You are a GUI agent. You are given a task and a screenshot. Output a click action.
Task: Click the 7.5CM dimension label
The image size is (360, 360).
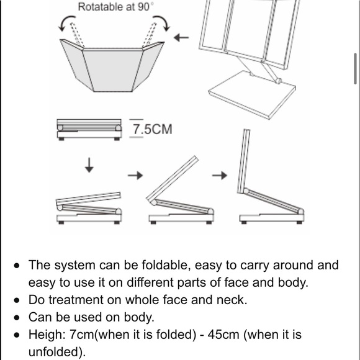click(x=153, y=129)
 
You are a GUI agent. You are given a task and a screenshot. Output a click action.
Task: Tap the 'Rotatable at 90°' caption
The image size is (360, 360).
click(x=115, y=7)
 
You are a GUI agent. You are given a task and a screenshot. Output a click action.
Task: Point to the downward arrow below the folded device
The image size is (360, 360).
click(x=89, y=165)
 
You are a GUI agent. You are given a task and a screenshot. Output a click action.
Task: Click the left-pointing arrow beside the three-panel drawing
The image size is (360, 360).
click(x=181, y=37)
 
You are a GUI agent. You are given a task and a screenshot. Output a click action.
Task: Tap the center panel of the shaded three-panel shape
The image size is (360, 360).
click(x=112, y=70)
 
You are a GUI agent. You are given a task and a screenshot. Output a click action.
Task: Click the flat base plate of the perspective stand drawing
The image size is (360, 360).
click(x=252, y=94)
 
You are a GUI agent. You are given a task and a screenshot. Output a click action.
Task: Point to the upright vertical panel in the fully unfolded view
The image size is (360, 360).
click(x=243, y=161)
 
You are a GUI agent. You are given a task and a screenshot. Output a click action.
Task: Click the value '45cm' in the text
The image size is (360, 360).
click(x=223, y=335)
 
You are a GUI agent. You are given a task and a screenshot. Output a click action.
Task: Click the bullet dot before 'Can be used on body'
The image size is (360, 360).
click(x=17, y=318)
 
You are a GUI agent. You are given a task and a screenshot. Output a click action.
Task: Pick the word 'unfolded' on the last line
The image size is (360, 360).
click(x=55, y=352)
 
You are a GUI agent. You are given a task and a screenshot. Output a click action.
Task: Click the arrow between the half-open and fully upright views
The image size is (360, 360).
click(x=220, y=176)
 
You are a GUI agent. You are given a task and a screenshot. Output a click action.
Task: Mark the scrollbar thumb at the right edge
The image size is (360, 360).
click(x=356, y=69)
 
